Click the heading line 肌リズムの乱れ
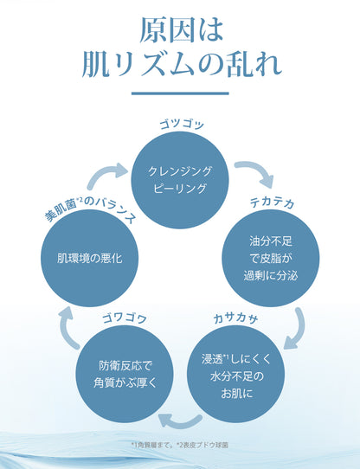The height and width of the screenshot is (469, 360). (180, 66)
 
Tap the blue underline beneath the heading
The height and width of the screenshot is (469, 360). (180, 93)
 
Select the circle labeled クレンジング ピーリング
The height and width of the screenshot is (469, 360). (180, 178)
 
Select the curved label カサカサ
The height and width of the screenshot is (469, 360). (235, 317)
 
